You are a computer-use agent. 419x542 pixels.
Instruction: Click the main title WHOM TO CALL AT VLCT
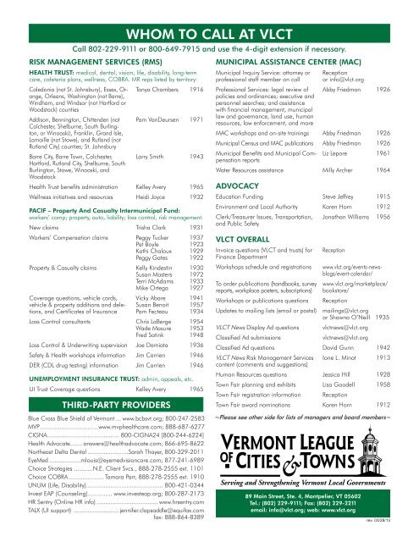pyautogui.click(x=209, y=11)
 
